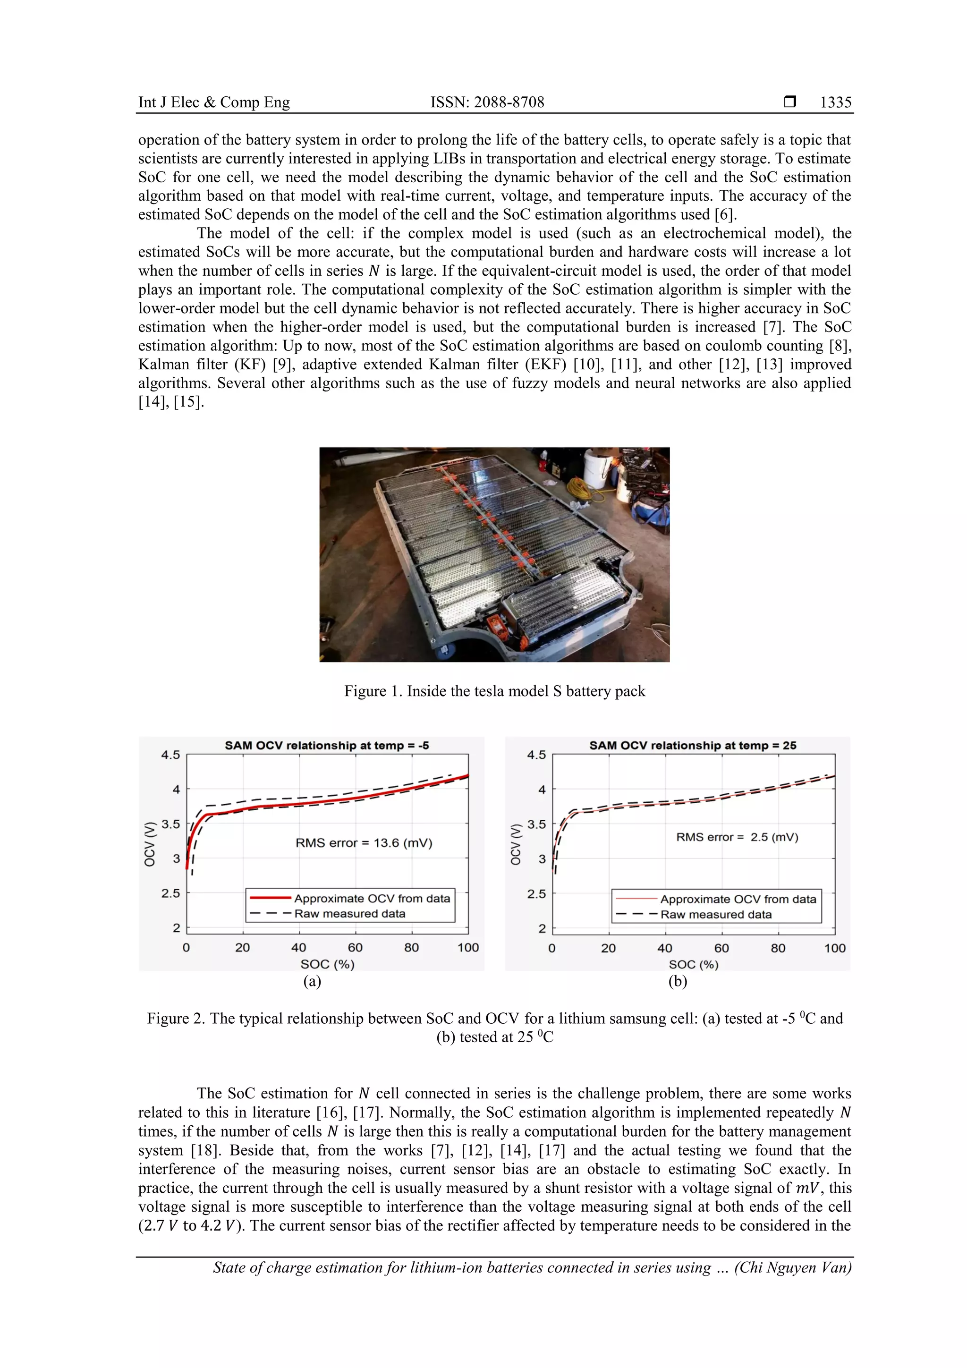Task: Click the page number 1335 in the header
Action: (x=835, y=102)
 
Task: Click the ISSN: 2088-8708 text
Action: (x=487, y=102)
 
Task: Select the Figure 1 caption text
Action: (x=494, y=691)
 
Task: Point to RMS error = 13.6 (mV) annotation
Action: (x=364, y=843)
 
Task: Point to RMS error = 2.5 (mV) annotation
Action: (x=737, y=837)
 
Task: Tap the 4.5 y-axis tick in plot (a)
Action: (x=170, y=755)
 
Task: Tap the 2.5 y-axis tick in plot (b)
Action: (x=536, y=894)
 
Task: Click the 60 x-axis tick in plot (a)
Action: (x=355, y=948)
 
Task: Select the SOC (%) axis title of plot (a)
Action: (x=327, y=964)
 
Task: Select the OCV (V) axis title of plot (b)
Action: (x=516, y=844)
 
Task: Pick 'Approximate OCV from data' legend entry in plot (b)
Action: (x=738, y=899)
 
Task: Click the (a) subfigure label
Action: (x=312, y=981)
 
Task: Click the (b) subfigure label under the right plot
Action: (x=678, y=981)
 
